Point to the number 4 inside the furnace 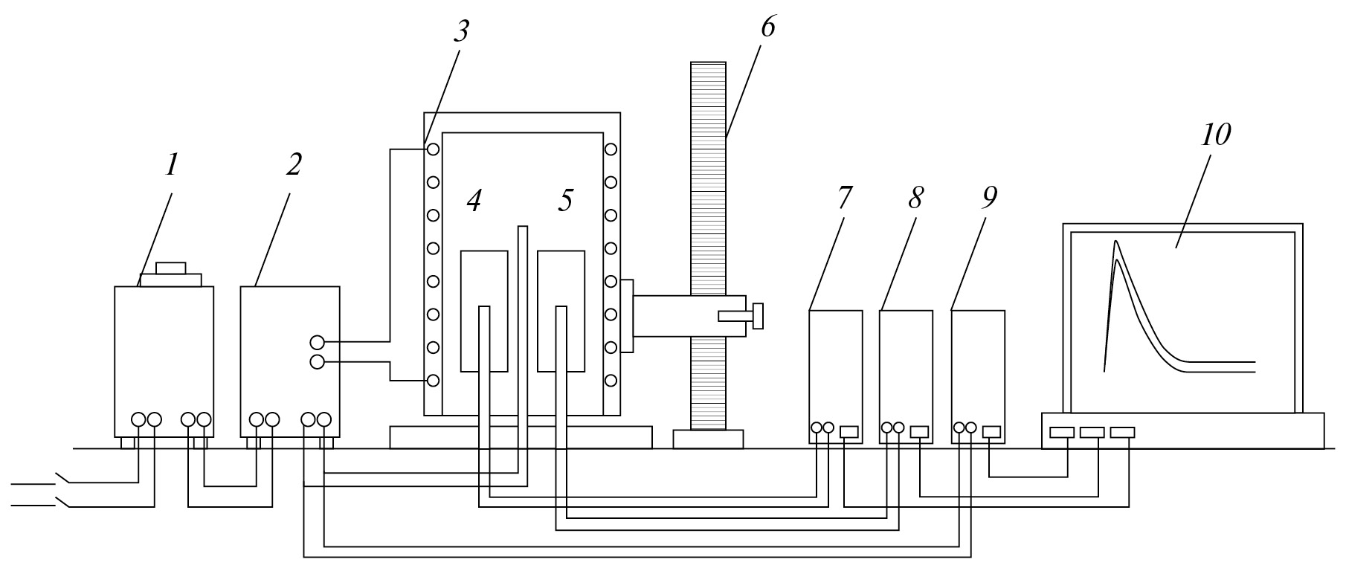(474, 200)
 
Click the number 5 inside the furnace (565, 200)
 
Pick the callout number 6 (767, 27)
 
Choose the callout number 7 (845, 198)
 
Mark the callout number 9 (988, 198)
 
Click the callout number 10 (1214, 135)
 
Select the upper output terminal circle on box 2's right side (318, 343)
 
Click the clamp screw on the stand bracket (757, 315)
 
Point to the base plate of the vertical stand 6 (708, 439)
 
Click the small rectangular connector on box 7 (849, 431)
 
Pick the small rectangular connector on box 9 (992, 431)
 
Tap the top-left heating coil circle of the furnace (433, 149)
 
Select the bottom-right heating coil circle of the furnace (611, 381)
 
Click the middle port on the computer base (1092, 432)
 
